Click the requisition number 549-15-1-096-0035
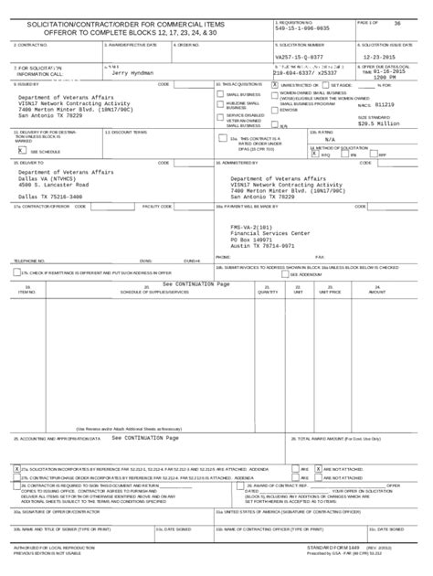point(302,28)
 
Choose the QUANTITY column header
point(269,293)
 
